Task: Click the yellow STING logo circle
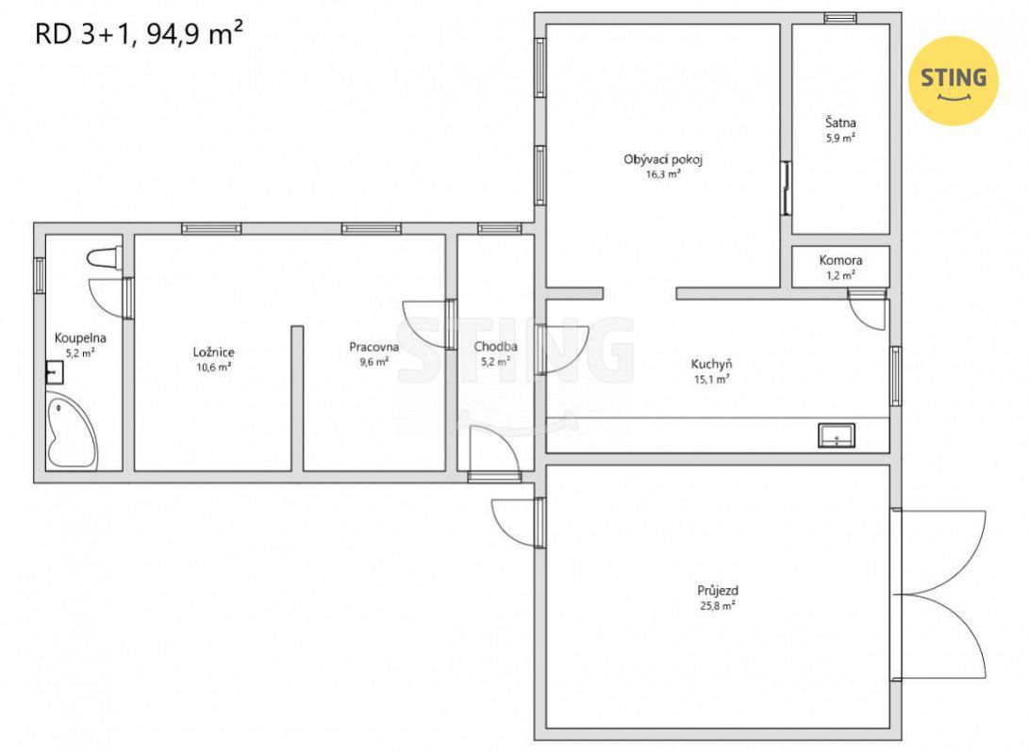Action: coord(953,81)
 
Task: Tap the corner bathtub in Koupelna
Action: coord(72,431)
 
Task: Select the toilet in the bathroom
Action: coord(105,258)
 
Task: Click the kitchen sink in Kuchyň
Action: coord(836,435)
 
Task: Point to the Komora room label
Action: coord(840,260)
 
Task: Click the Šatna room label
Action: coord(840,123)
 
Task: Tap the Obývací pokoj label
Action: coord(663,159)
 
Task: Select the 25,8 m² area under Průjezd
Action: coord(717,605)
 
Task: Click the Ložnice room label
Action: coord(214,352)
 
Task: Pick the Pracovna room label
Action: coord(374,347)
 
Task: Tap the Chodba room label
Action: coord(495,346)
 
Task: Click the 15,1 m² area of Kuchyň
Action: coord(712,379)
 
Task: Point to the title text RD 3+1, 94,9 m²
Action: coord(140,33)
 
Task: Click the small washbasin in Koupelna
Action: coord(55,372)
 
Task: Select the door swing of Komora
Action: coord(868,310)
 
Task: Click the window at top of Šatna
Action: coord(840,18)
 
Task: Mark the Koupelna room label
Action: coord(80,338)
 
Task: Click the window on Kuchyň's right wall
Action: coord(895,376)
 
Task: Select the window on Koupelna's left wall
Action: coord(40,275)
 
